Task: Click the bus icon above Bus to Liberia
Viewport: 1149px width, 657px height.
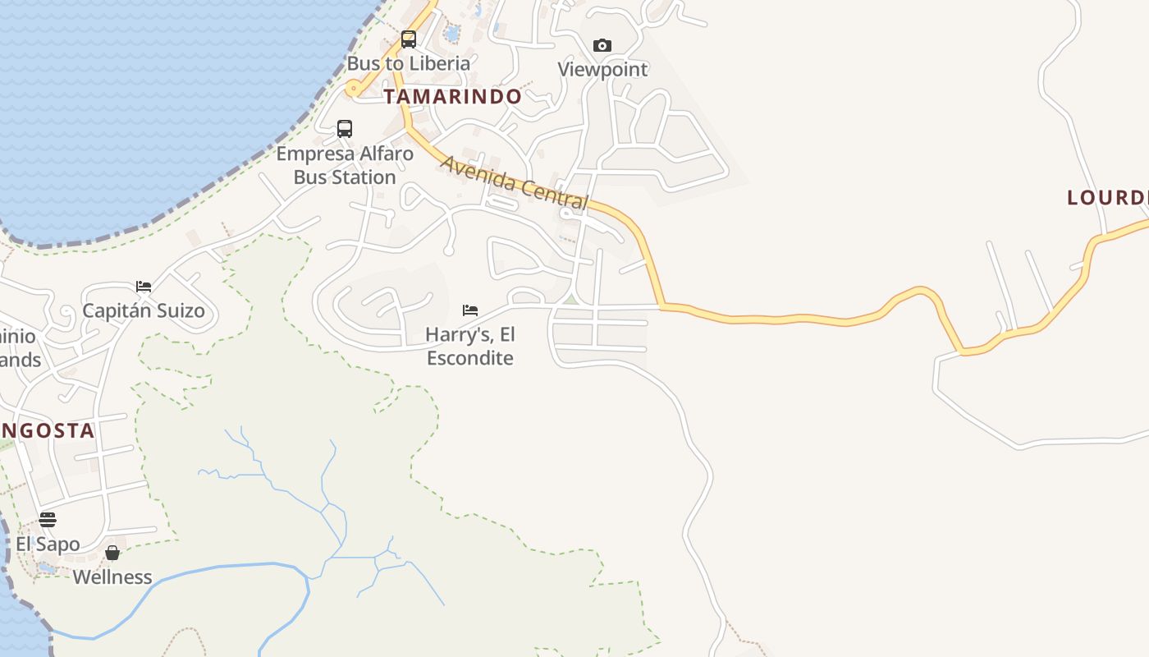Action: (408, 39)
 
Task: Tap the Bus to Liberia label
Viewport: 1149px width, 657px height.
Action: (409, 63)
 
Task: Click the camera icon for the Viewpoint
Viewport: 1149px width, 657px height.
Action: (602, 45)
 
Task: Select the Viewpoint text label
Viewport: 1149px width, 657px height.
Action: (602, 70)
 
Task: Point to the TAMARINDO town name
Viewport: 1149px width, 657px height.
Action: (453, 96)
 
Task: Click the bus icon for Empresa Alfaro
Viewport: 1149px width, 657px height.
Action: (345, 129)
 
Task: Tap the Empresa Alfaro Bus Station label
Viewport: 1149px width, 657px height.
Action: (345, 165)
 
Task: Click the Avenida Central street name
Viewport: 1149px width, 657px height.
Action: (515, 182)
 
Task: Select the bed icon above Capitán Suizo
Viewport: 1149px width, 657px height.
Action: (144, 287)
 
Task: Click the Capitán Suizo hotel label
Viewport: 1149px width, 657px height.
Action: (144, 310)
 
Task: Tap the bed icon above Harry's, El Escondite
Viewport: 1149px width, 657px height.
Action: (470, 310)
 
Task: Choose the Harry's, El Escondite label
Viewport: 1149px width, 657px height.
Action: (470, 347)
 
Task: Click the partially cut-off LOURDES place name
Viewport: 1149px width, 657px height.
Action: (1107, 198)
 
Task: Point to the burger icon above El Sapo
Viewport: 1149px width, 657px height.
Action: (48, 520)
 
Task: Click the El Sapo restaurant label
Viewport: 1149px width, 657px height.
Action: (48, 544)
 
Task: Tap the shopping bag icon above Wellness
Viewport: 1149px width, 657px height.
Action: (112, 553)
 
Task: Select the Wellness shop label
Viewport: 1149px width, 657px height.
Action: (112, 577)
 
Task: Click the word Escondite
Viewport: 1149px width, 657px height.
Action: (470, 358)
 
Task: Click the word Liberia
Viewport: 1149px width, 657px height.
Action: (440, 63)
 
